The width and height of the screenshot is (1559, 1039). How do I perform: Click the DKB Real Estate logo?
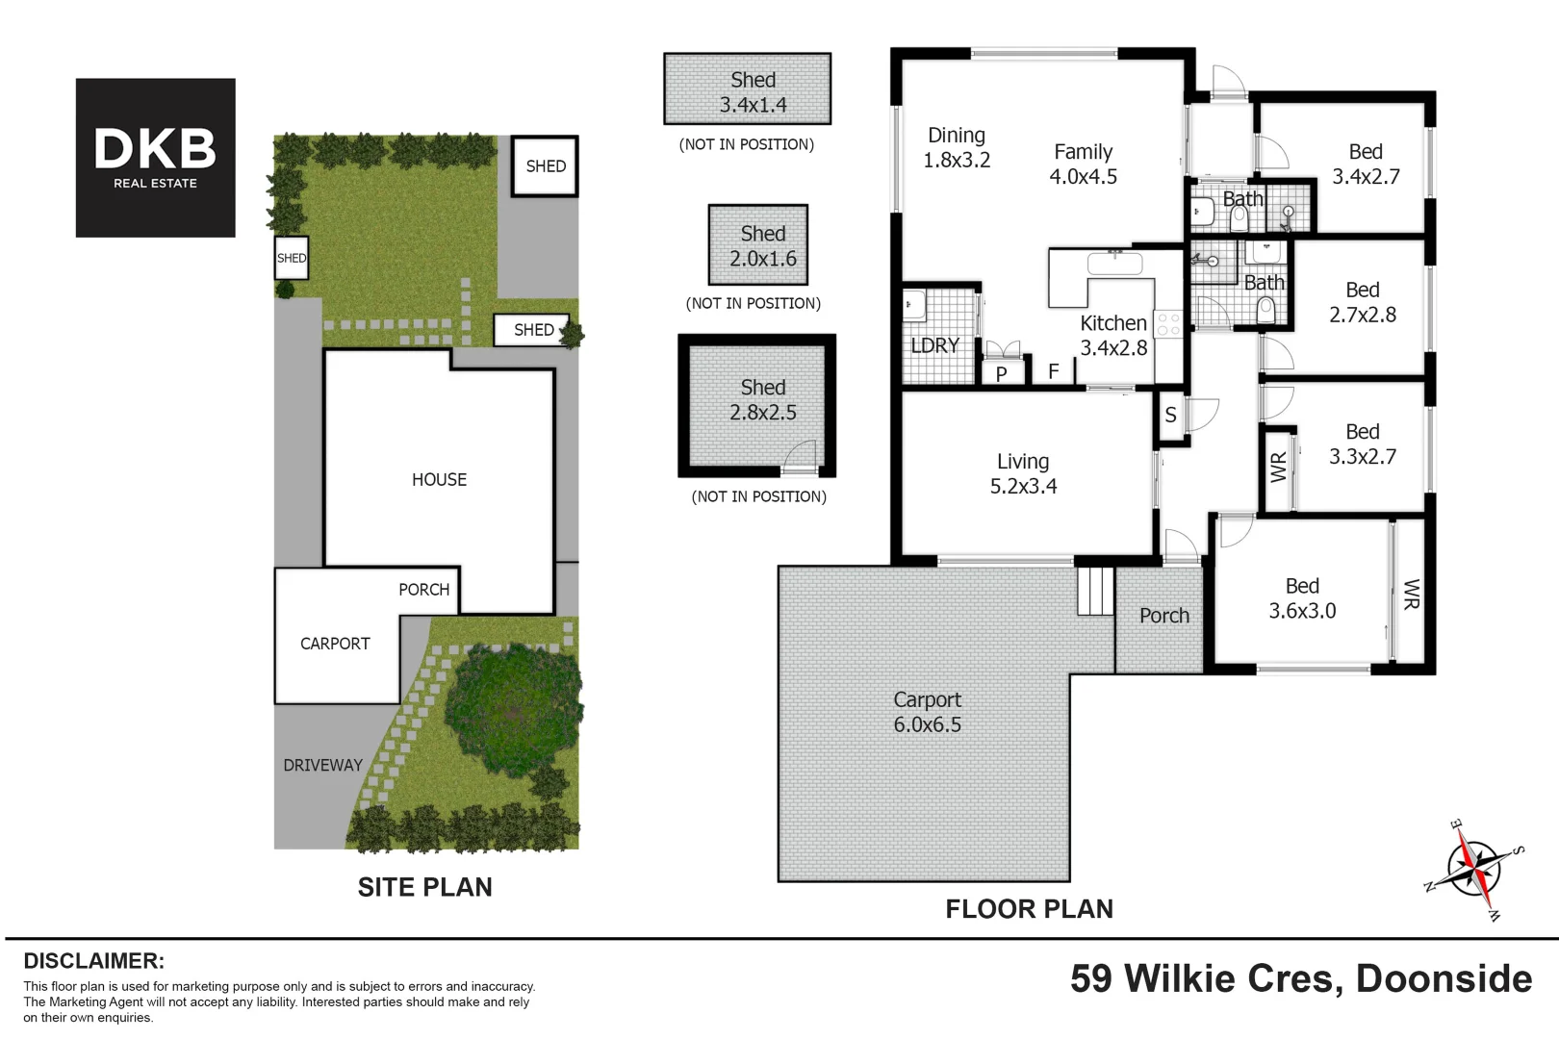tap(155, 158)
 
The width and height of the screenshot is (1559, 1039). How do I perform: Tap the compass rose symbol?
tap(1473, 868)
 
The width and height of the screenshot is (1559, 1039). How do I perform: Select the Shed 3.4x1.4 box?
tap(748, 89)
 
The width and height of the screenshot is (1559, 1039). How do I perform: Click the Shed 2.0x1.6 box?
tap(758, 245)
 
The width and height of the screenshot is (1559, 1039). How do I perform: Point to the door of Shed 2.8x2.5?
tap(801, 459)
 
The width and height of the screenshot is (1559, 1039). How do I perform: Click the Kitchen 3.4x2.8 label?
tap(1113, 336)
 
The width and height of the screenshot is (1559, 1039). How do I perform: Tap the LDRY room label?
tap(934, 345)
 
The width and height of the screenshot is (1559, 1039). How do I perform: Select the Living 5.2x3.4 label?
tap(1023, 474)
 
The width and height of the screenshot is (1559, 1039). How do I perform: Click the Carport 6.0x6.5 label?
tap(927, 713)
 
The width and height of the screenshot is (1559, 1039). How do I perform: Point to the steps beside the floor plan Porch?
tap(1095, 591)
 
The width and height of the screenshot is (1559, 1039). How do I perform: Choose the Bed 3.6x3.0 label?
tap(1302, 598)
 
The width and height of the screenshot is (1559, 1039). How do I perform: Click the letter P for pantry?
tap(1002, 374)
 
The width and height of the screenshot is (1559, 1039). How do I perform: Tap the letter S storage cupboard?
tap(1170, 416)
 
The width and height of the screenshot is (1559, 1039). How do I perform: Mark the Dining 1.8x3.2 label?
tap(957, 148)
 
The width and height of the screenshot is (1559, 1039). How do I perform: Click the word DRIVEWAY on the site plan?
tap(322, 766)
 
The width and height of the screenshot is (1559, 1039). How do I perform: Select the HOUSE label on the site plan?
tap(439, 480)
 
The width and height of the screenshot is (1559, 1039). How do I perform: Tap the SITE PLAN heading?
tap(424, 887)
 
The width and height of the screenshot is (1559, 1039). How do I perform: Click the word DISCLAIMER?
tap(93, 961)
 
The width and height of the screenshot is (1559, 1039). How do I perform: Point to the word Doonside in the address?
tap(1444, 979)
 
